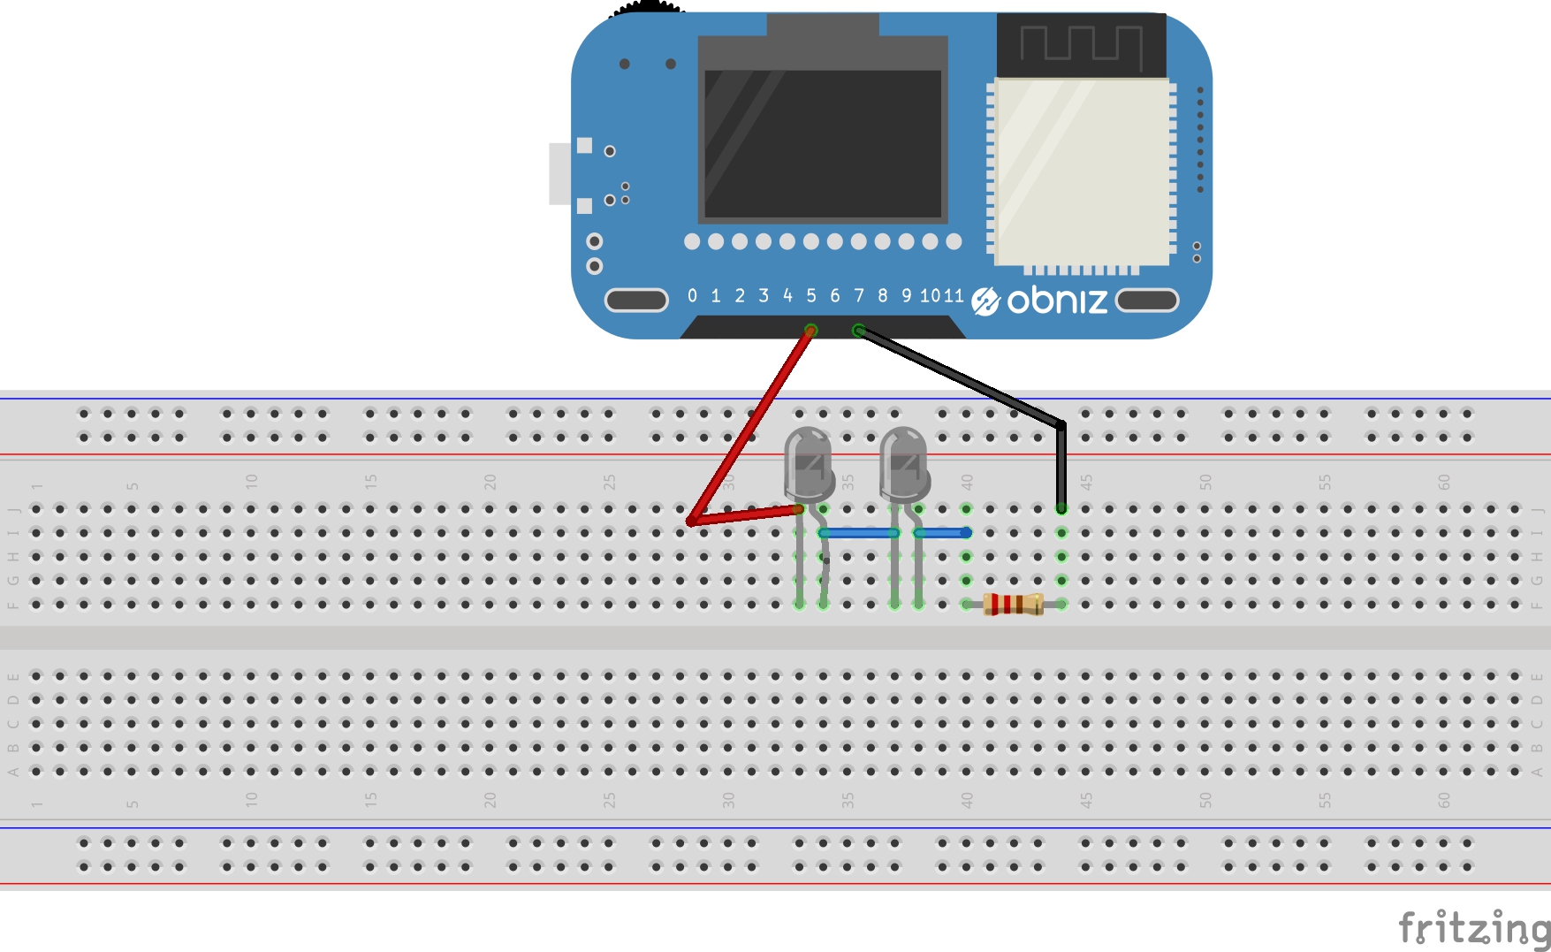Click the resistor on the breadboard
pyautogui.click(x=1013, y=605)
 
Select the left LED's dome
pyautogui.click(x=808, y=460)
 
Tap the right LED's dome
pyautogui.click(x=903, y=460)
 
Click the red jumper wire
pyautogui.click(x=751, y=424)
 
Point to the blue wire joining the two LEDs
pyautogui.click(x=859, y=533)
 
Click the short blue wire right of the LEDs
pyautogui.click(x=942, y=533)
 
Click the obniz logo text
pyautogui.click(x=1056, y=301)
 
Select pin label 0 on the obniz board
pyautogui.click(x=692, y=296)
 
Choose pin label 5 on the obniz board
pyautogui.click(x=811, y=296)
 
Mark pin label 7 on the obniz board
pyautogui.click(x=858, y=296)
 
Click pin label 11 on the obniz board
pyautogui.click(x=954, y=296)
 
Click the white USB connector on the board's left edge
pyautogui.click(x=559, y=173)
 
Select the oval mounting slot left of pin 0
pyautogui.click(x=636, y=301)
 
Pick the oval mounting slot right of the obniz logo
pyautogui.click(x=1147, y=301)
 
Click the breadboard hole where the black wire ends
pyautogui.click(x=1061, y=509)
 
